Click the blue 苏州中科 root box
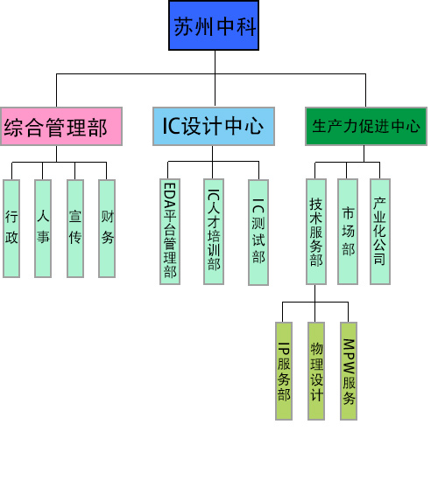[x=214, y=25]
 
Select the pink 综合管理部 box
[x=61, y=127]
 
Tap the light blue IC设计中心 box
[x=214, y=127]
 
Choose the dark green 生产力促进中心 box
[x=366, y=127]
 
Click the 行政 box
[x=11, y=229]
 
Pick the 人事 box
[x=43, y=229]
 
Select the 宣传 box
[x=75, y=229]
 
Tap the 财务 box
[x=107, y=229]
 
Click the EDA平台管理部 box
[x=170, y=232]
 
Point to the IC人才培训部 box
[x=214, y=232]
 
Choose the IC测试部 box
[x=258, y=233]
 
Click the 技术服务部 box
[x=316, y=232]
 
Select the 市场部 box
[x=348, y=232]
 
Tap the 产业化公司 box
[x=380, y=232]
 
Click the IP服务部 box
[x=284, y=371]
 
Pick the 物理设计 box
[x=316, y=371]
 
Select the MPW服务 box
[x=349, y=371]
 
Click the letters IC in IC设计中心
[x=172, y=126]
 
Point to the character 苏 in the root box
[x=184, y=26]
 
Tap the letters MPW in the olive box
[x=349, y=357]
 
